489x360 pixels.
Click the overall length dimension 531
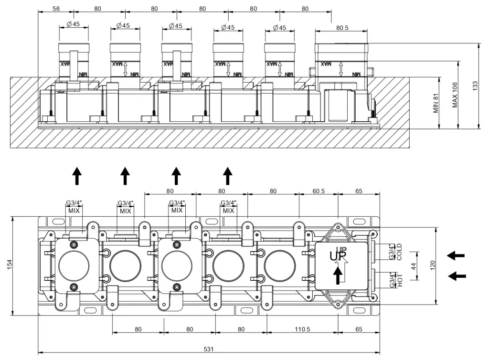(x=208, y=349)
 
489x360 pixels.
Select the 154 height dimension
(x=10, y=265)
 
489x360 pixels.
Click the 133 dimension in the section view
(x=475, y=86)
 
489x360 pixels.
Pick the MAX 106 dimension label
(x=455, y=95)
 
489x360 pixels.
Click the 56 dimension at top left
(x=56, y=9)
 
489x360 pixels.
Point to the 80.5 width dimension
(x=342, y=28)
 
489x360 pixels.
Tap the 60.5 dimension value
(x=319, y=191)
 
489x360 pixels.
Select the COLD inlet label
(x=399, y=252)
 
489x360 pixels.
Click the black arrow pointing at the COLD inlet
(x=456, y=255)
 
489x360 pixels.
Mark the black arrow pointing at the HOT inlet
(x=458, y=275)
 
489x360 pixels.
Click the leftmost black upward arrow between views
(x=76, y=176)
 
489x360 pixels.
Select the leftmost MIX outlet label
(x=74, y=211)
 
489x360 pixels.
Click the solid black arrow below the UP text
(x=338, y=275)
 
